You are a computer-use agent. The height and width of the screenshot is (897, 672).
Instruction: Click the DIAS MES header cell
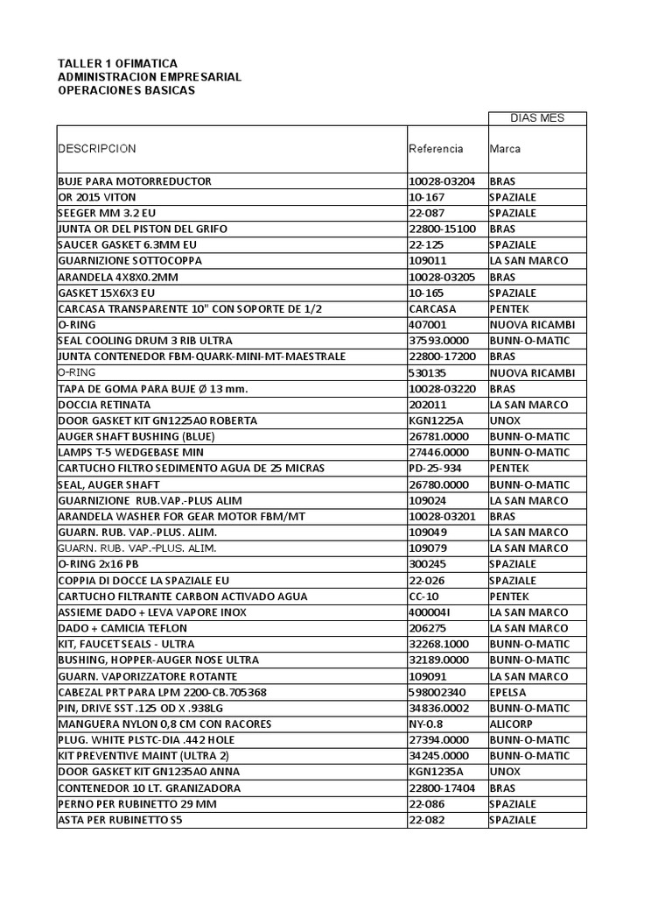[x=537, y=118]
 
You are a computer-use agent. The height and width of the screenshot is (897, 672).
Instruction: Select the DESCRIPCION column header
[x=97, y=149]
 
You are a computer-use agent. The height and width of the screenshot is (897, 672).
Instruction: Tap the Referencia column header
[x=436, y=149]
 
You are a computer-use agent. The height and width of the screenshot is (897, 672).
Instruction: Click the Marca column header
[x=506, y=149]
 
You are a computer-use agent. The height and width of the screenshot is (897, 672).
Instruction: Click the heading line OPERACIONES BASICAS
[x=126, y=90]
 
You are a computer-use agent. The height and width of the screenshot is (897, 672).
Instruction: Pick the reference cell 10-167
[x=427, y=197]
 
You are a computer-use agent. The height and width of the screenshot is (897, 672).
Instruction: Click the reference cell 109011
[x=428, y=261]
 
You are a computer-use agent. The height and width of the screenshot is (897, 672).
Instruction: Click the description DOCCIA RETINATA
[x=104, y=405]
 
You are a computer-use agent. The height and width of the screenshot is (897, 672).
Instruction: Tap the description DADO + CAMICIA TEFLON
[x=122, y=628]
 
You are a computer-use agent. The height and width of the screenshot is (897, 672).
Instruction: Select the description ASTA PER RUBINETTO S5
[x=121, y=820]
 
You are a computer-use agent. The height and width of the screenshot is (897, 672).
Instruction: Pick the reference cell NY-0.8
[x=426, y=724]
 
